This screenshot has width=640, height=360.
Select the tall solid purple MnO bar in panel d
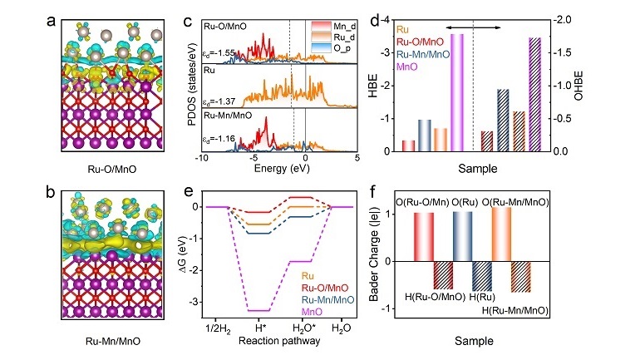tap(457, 93)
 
